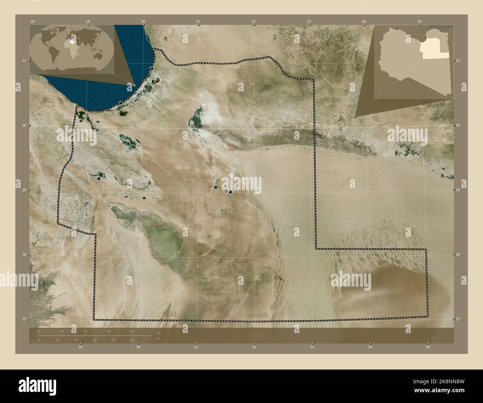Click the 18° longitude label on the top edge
[x=33, y=21]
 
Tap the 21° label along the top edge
[x=199, y=21]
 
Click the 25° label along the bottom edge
[x=428, y=347]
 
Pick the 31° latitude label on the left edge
[x=24, y=61]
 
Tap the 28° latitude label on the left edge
[x=24, y=255]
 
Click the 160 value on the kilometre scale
[x=132, y=331]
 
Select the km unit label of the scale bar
[x=158, y=332]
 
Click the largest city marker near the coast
[x=158, y=80]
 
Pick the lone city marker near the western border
[x=98, y=178]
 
